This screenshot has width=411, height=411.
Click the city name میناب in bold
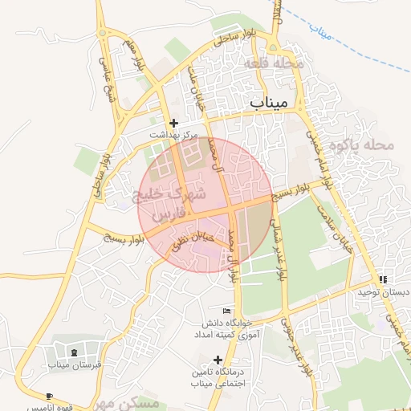(274, 103)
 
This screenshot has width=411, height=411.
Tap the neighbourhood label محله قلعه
(287, 62)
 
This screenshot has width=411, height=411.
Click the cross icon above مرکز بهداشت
(174, 124)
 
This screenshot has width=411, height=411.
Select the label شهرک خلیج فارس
(173, 203)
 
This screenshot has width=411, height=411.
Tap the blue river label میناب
(322, 33)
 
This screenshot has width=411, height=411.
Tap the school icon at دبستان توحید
(383, 279)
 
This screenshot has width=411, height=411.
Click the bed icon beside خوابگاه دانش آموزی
(226, 311)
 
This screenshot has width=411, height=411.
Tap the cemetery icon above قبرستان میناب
(74, 352)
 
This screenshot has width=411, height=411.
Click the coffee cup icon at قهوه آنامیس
(50, 397)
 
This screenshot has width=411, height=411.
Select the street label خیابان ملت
(196, 88)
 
